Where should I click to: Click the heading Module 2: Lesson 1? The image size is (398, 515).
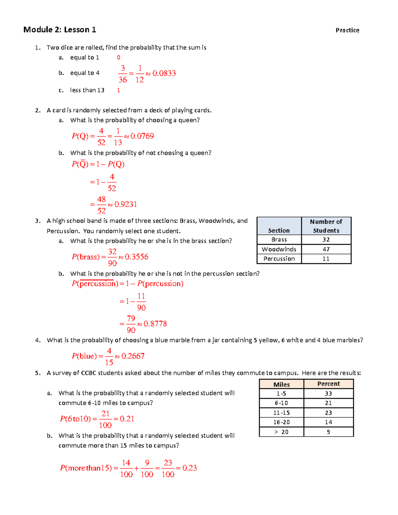pos(60,30)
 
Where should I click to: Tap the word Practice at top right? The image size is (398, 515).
pos(347,30)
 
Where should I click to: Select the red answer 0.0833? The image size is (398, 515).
pos(164,73)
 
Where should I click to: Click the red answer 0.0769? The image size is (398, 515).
pos(142,136)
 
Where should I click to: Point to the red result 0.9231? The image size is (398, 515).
pos(125,204)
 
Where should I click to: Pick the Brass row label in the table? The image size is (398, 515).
pos(279,239)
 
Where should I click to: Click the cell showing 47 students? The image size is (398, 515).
pos(326,249)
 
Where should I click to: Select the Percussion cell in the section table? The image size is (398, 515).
pos(279,259)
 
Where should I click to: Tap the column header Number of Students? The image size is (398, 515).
pos(326,226)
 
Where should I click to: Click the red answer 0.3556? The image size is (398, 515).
pos(136,257)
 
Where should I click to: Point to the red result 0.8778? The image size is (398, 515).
pos(155,324)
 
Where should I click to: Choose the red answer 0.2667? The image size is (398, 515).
pos(133,356)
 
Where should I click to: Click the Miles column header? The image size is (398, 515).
pos(281,384)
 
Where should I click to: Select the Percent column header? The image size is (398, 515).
pos(328,384)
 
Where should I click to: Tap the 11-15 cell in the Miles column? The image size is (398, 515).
pos(281,413)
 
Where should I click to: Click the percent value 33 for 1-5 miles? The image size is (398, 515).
pos(328,393)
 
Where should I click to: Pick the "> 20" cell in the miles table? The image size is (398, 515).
pos(281,432)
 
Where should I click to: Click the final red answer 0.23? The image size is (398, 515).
pos(189,468)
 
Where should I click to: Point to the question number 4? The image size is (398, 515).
pos(37,340)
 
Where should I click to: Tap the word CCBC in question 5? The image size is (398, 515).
pos(89,373)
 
